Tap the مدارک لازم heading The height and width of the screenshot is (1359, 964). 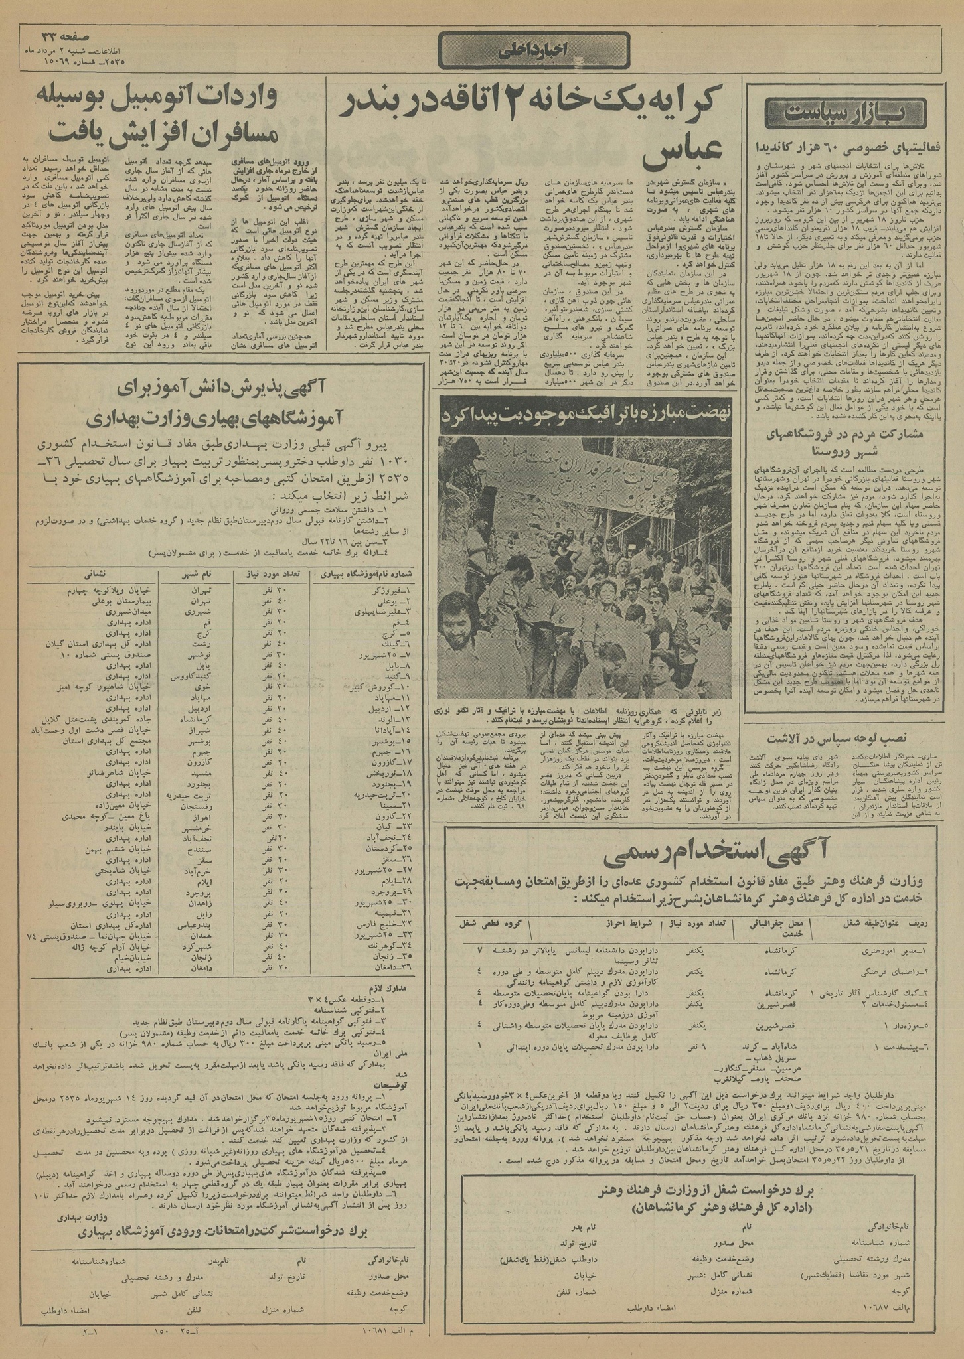392,1006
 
